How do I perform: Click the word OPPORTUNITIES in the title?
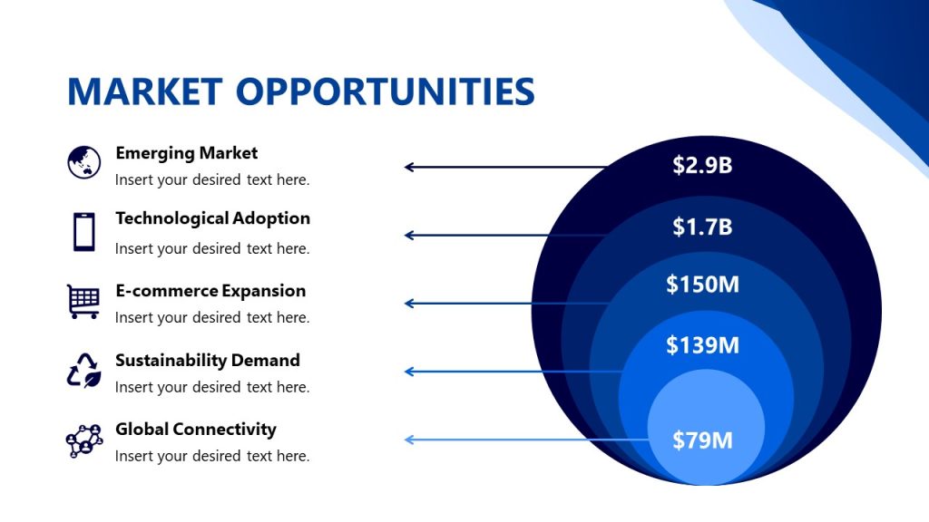[385, 92]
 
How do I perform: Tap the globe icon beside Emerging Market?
[83, 162]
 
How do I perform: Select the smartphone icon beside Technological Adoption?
[83, 231]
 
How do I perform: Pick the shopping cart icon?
[83, 301]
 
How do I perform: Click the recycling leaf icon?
[83, 371]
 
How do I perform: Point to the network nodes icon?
[84, 440]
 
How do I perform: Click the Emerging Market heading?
[186, 153]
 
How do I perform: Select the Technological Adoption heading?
[212, 218]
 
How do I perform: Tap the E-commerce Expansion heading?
[210, 291]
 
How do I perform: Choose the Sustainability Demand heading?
[207, 360]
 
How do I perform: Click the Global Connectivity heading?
[195, 429]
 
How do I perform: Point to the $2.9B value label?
[702, 165]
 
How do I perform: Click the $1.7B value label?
[702, 227]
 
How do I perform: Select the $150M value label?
[702, 285]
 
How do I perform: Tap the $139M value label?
[702, 345]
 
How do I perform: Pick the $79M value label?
[702, 440]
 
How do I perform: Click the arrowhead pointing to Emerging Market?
[409, 167]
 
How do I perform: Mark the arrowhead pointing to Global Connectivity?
[409, 440]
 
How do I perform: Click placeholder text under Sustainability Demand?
[212, 387]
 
